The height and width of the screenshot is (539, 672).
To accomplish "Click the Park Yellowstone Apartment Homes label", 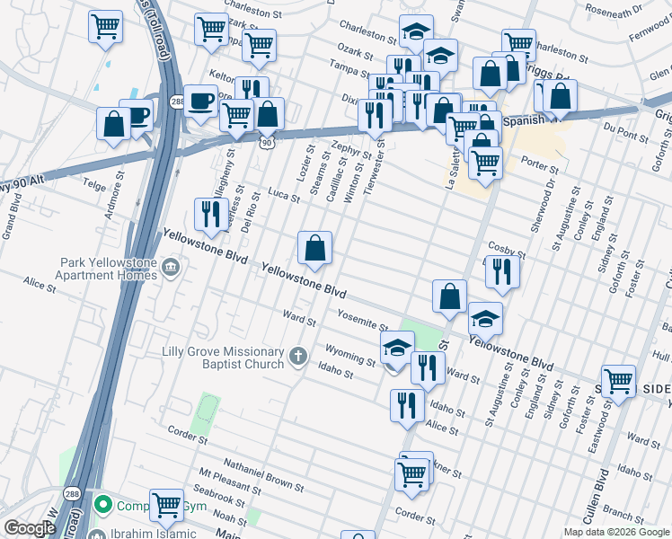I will [x=109, y=268].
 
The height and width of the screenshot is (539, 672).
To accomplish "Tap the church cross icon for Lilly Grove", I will [x=299, y=357].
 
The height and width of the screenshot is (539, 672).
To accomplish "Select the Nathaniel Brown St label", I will [x=263, y=474].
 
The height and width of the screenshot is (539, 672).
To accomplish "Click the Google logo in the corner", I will [x=30, y=528].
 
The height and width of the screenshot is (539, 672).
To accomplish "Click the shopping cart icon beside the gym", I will [x=166, y=506].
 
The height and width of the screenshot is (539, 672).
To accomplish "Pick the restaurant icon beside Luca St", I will [x=210, y=214].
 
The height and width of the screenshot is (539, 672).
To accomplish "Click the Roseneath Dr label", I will [x=613, y=11].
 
